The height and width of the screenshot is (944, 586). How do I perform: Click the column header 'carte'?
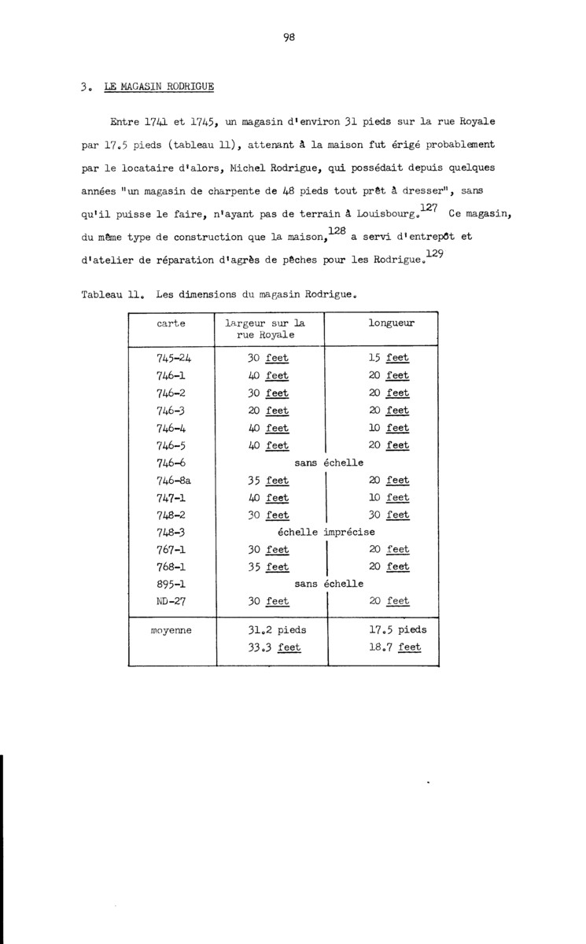click(171, 323)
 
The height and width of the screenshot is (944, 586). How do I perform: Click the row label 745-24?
click(174, 358)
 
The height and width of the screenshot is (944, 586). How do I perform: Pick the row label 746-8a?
click(175, 480)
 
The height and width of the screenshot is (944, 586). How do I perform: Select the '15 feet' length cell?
click(389, 358)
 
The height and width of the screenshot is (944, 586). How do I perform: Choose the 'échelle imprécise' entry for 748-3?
click(324, 532)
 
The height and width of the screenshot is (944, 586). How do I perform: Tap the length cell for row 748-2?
click(389, 514)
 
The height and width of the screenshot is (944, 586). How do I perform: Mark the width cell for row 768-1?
click(268, 566)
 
